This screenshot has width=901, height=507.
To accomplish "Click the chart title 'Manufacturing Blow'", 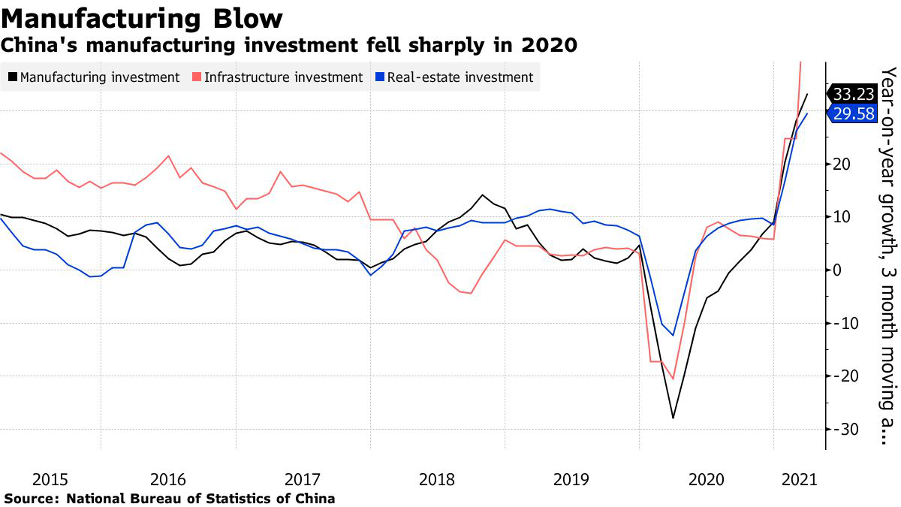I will tap(143, 17).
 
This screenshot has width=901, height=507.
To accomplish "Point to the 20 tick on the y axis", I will tap(842, 164).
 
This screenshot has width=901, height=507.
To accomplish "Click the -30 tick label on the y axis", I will tap(844, 430).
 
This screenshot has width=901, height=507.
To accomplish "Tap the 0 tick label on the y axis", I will tap(838, 270).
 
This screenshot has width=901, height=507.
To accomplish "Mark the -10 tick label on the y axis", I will tap(844, 323).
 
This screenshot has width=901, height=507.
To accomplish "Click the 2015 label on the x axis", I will tap(50, 479).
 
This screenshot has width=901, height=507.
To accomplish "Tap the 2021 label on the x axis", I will tap(795, 479).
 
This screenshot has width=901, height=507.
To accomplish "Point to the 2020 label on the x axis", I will tap(705, 479).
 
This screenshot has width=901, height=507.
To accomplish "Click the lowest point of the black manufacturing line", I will tap(673, 418).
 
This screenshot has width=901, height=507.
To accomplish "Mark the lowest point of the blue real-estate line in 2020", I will tap(673, 335).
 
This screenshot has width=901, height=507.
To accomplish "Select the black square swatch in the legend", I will tap(13, 77).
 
